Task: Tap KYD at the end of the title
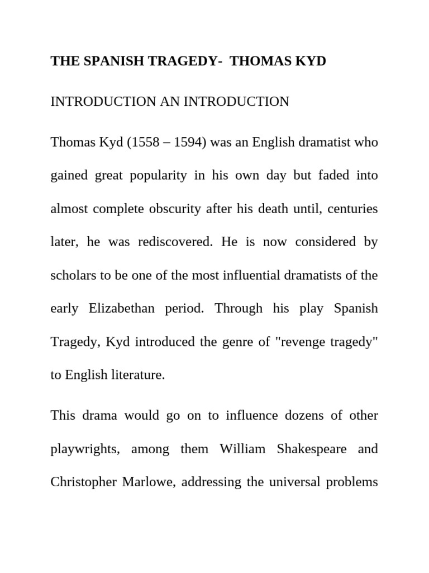[x=311, y=62]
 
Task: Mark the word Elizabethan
[x=122, y=309]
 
